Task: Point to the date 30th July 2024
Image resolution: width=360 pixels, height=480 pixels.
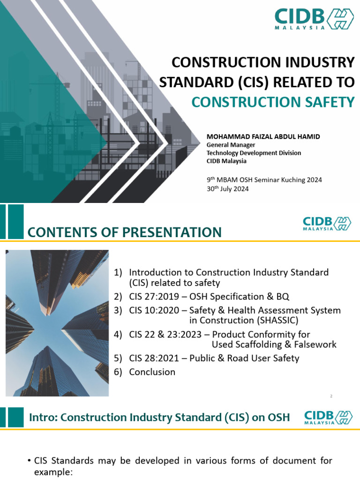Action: pyautogui.click(x=228, y=188)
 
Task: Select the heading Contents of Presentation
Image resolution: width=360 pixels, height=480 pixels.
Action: pyautogui.click(x=124, y=232)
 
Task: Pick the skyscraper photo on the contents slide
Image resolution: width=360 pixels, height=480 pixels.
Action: pyautogui.click(x=57, y=323)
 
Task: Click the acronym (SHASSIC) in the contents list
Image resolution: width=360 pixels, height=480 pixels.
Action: pyautogui.click(x=277, y=320)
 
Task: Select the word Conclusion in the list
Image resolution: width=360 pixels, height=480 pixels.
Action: pyautogui.click(x=152, y=372)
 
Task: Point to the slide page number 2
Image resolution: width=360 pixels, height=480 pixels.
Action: pyautogui.click(x=331, y=396)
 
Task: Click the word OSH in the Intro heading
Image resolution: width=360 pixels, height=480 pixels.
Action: pyautogui.click(x=276, y=417)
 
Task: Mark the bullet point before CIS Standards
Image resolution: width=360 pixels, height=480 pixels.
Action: pyautogui.click(x=30, y=461)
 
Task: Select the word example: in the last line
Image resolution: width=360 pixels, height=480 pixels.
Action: pyautogui.click(x=53, y=472)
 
